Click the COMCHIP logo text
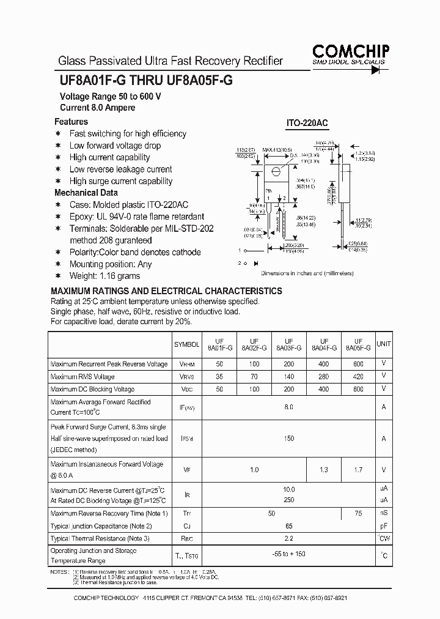tap(351, 51)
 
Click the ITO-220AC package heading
tap(307, 123)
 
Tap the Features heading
tap(71, 122)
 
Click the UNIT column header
tap(384, 345)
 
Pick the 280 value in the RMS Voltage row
tap(324, 377)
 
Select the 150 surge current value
tap(289, 439)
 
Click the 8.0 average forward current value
tap(289, 407)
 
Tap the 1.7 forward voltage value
tap(358, 470)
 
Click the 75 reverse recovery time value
tap(358, 514)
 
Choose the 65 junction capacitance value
tap(289, 526)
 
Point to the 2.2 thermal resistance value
tap(289, 539)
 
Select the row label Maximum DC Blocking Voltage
tap(92, 389)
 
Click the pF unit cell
tap(384, 526)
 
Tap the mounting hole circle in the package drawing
tap(276, 171)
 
